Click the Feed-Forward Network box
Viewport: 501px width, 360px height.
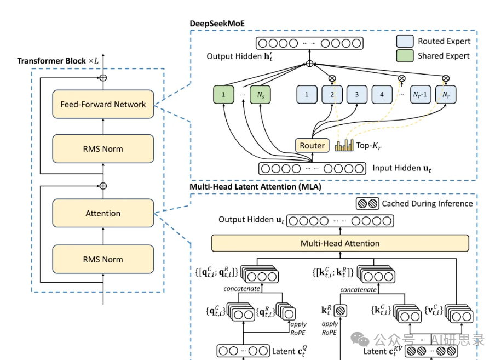[x=103, y=104]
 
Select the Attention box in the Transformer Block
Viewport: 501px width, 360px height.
[x=103, y=213]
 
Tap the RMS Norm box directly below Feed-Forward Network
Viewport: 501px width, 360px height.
[x=103, y=149]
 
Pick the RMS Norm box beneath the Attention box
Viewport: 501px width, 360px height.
[x=103, y=259]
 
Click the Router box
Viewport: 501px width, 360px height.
[x=312, y=146]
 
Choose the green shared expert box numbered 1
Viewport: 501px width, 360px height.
[x=223, y=95]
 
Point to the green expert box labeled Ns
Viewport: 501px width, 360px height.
[x=261, y=95]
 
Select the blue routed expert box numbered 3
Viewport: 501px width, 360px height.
[x=357, y=95]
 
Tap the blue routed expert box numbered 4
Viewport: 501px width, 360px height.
[x=382, y=95]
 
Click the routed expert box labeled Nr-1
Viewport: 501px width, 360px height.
[x=421, y=95]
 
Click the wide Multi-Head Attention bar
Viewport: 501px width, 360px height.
[x=340, y=243]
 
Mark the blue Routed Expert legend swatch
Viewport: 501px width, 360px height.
[x=405, y=41]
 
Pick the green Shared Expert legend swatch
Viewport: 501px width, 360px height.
[x=405, y=56]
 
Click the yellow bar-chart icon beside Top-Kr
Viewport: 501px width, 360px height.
[x=344, y=145]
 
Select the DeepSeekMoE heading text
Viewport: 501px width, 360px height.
[x=217, y=24]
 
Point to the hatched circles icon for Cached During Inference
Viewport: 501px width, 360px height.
[x=367, y=204]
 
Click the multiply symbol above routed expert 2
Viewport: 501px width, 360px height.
[x=332, y=78]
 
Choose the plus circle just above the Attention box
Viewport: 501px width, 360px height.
[x=103, y=186]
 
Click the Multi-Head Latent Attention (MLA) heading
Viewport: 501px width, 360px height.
[x=255, y=187]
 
